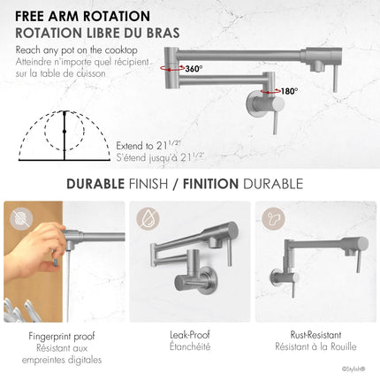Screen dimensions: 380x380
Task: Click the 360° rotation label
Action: pyautogui.click(x=194, y=69)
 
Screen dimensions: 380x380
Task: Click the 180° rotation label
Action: pyautogui.click(x=289, y=91)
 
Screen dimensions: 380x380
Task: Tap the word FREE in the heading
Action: pyautogui.click(x=29, y=16)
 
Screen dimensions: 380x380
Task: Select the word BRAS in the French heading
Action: pyautogui.click(x=163, y=33)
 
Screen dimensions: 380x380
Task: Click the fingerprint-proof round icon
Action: pyautogui.click(x=21, y=219)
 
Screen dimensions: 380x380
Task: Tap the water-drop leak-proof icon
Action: pyautogui.click(x=148, y=219)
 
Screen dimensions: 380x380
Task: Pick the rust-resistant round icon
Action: pyautogui.click(x=274, y=219)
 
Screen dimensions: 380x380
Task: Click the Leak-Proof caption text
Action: pyautogui.click(x=190, y=335)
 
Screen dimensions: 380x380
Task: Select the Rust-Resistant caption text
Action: pyautogui.click(x=315, y=335)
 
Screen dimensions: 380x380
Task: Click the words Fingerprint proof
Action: pyautogui.click(x=62, y=337)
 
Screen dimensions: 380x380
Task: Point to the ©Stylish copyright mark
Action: pyautogui.click(x=353, y=369)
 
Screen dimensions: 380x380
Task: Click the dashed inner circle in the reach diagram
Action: pyautogui.click(x=45, y=131)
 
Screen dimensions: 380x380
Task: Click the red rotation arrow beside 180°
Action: pyautogui.click(x=270, y=91)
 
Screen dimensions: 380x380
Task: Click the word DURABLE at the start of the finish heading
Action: pyautogui.click(x=95, y=184)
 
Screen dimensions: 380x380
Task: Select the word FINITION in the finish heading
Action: pyautogui.click(x=210, y=184)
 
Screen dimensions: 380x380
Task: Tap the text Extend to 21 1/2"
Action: pyautogui.click(x=148, y=146)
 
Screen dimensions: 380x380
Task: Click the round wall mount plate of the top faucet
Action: pyautogui.click(x=253, y=103)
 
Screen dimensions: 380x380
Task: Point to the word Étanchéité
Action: pyautogui.click(x=190, y=346)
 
